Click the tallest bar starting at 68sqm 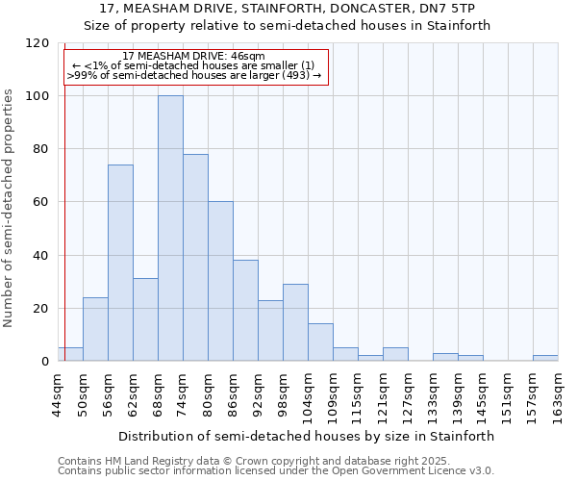tap(170, 229)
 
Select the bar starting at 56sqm tap(120, 263)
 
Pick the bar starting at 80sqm tap(220, 282)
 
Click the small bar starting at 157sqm tap(545, 358)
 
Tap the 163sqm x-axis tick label tap(559, 394)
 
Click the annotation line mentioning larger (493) tap(194, 74)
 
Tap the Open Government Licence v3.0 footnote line tap(276, 471)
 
